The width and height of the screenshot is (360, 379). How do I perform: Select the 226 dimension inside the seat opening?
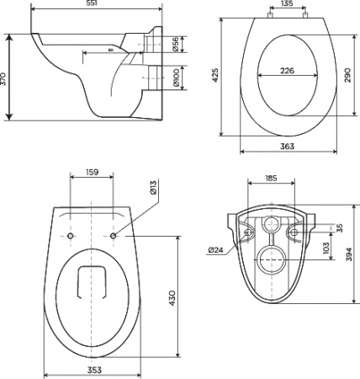(287, 72)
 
